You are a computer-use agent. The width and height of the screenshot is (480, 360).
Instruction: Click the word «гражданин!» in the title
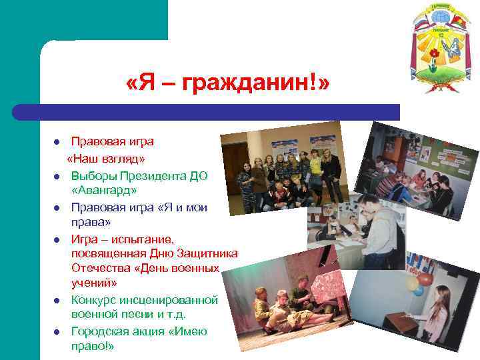coord(257,85)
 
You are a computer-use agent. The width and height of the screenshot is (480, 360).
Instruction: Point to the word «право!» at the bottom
coord(93,346)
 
